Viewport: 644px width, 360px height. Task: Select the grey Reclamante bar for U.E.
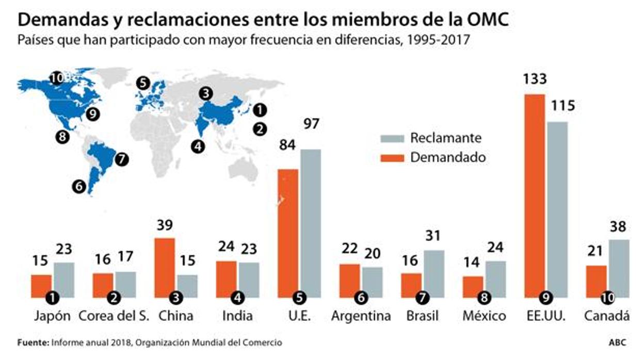pyautogui.click(x=311, y=222)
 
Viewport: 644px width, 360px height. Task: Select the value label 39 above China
pyautogui.click(x=165, y=225)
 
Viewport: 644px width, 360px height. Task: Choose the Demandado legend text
pyautogui.click(x=448, y=157)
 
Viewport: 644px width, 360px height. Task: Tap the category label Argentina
pyautogui.click(x=361, y=316)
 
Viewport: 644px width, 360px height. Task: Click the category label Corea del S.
pyautogui.click(x=114, y=316)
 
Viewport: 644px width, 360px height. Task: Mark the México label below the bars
pyautogui.click(x=484, y=316)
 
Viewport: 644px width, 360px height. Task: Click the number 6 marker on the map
pyautogui.click(x=79, y=187)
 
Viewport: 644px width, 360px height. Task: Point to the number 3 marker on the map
pyautogui.click(x=206, y=93)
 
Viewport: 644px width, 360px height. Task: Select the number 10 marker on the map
pyautogui.click(x=57, y=78)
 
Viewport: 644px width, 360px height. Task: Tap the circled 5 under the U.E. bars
pyautogui.click(x=299, y=297)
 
